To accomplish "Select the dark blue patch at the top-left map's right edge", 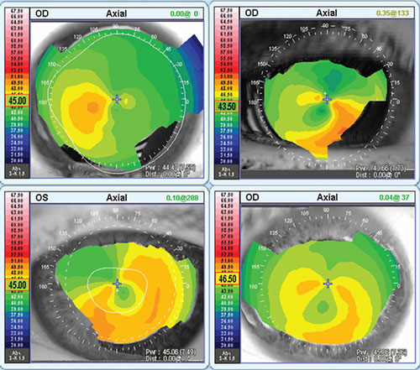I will [x=195, y=63].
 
